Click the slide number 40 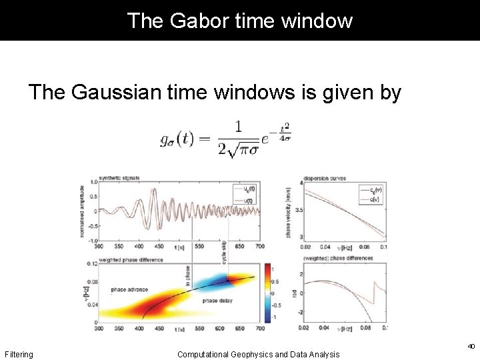pos(471,346)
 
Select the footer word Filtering pos(19,355)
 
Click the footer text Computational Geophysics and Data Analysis pos(258,355)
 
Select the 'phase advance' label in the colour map pos(129,290)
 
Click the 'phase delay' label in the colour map pos(217,301)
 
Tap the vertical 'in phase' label pos(189,275)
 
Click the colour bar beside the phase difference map pos(269,293)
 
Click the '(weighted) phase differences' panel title pos(335,259)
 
